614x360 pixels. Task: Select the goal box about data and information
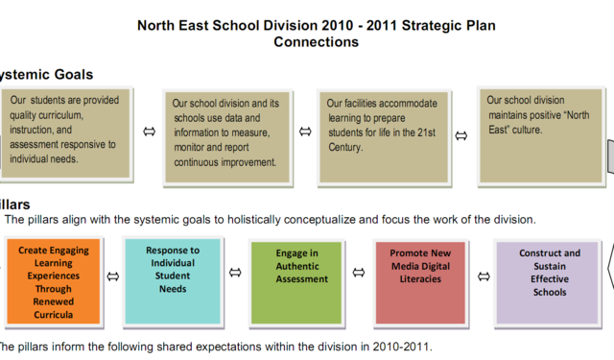(x=225, y=134)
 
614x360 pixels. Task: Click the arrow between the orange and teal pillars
(x=112, y=276)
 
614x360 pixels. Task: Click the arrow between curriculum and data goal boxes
(x=148, y=132)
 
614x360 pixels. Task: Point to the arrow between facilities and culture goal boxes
(x=460, y=135)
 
